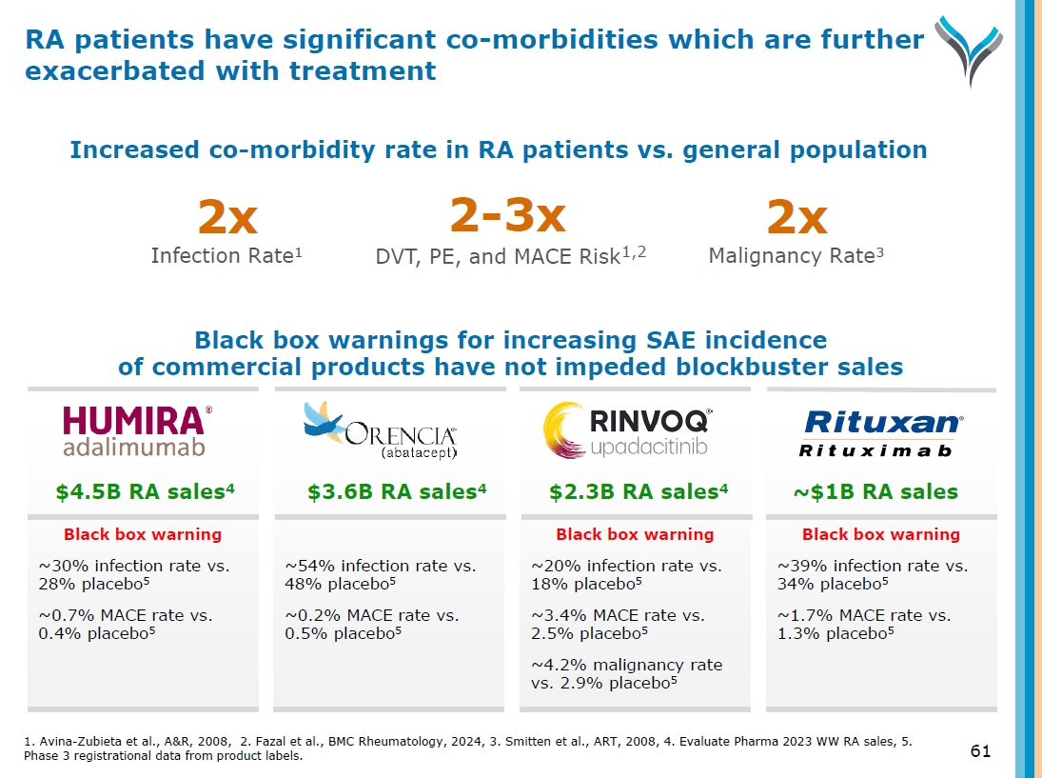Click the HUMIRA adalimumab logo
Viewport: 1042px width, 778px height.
[x=136, y=432]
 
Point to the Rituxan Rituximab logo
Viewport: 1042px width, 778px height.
[x=882, y=433]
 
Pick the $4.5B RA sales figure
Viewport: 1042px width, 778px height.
[x=144, y=492]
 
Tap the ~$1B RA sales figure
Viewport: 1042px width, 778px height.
[x=875, y=492]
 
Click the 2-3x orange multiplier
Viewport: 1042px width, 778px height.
[x=507, y=216]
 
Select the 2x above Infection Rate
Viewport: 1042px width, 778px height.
[x=226, y=220]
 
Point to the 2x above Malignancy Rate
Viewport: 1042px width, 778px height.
[x=796, y=220]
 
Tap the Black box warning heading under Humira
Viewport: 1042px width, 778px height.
[x=142, y=534]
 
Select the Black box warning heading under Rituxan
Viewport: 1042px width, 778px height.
[x=880, y=534]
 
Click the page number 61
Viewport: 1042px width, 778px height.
[x=980, y=751]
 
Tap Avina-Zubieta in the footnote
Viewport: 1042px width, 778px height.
[x=72, y=741]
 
